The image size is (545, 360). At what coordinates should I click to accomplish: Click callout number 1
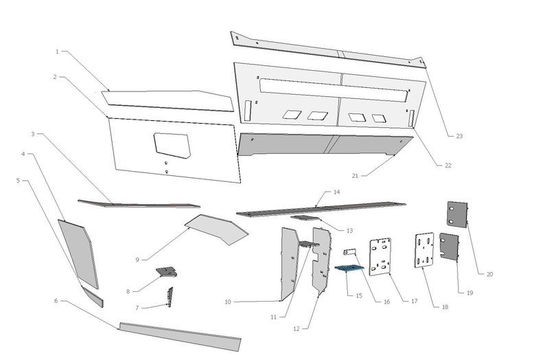click(x=58, y=52)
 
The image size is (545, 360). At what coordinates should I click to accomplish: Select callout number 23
click(x=459, y=136)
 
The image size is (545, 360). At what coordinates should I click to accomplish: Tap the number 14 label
click(x=336, y=192)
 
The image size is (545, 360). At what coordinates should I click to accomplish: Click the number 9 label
click(x=137, y=259)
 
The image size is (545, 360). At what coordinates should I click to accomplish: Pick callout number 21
click(x=356, y=176)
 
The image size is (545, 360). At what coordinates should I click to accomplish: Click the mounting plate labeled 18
click(x=424, y=249)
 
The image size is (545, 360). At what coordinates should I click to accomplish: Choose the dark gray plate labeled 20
click(x=458, y=213)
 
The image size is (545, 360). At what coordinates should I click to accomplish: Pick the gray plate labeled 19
click(x=449, y=246)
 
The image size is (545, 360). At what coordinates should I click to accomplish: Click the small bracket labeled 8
click(x=166, y=272)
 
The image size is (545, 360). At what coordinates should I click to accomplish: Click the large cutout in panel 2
click(x=172, y=145)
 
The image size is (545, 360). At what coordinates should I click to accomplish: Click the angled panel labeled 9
click(x=216, y=228)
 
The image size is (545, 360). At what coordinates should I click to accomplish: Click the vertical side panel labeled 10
click(x=289, y=265)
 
